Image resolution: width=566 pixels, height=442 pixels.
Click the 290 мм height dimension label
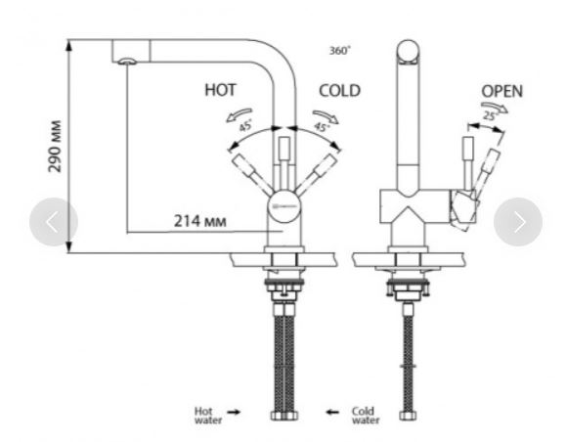tap(55, 147)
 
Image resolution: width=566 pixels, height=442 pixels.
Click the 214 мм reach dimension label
tap(200, 221)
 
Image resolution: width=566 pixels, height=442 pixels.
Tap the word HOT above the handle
tap(221, 90)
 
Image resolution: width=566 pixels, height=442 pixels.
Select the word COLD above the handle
tap(339, 91)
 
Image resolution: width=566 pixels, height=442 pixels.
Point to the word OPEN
tap(502, 91)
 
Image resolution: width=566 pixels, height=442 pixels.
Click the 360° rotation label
tap(339, 51)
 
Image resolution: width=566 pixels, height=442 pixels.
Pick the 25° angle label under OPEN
tap(491, 115)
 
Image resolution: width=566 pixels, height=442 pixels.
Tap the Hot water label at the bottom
tap(208, 416)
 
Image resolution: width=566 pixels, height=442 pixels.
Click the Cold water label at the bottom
tap(366, 416)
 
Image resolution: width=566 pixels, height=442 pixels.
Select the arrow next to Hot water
tap(234, 412)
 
